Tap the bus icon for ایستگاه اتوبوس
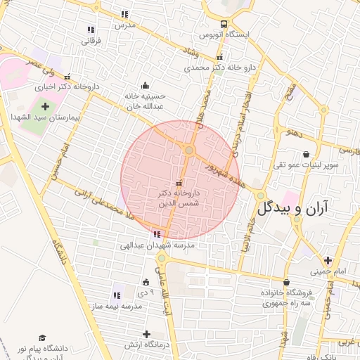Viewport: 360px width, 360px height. pos(224,23)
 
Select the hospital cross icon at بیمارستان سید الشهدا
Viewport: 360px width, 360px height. pos(46,106)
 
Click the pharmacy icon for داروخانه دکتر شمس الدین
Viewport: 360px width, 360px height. pos(177,184)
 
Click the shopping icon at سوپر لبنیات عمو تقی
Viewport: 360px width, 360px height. pos(306,155)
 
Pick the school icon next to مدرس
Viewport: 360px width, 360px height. pos(125,14)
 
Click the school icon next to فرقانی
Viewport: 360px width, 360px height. pos(91,30)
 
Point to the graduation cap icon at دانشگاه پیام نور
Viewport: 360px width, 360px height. pos(41,338)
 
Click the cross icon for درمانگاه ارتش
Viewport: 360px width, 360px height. pos(146,334)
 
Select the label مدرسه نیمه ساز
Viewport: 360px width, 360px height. pos(114,307)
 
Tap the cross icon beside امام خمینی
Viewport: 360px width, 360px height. pos(328,260)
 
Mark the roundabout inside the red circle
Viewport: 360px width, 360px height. pos(189,150)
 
